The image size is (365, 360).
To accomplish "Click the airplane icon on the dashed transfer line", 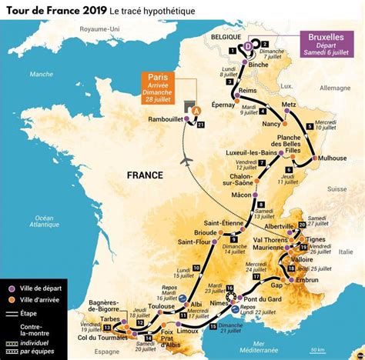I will [x=187, y=160].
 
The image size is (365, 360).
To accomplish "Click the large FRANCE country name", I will [x=148, y=175].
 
